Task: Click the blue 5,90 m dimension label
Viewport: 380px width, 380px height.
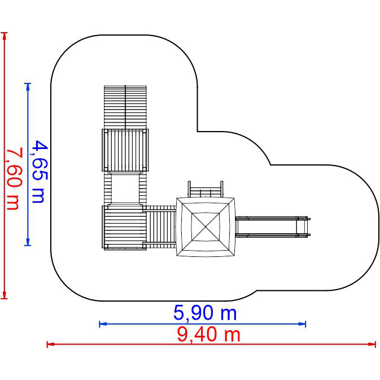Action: pos(205,313)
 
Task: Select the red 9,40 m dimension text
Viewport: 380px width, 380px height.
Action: pos(208,335)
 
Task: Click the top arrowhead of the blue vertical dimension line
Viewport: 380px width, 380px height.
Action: pos(28,87)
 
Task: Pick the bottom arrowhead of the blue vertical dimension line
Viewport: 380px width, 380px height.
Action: pos(28,242)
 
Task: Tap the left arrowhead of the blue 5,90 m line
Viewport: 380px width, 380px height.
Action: pos(103,324)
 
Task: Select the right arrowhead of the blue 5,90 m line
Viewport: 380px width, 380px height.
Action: pos(302,324)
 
